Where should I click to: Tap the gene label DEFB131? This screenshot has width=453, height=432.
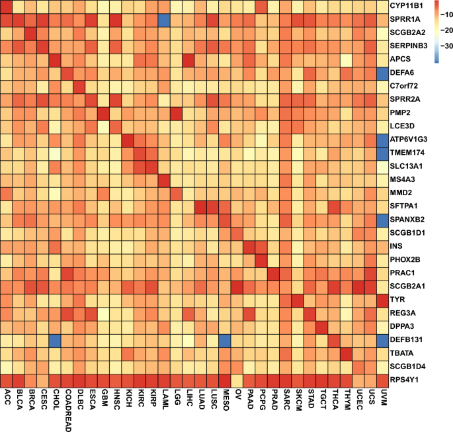pyautogui.click(x=408, y=340)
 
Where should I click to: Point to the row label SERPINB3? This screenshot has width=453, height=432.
pyautogui.click(x=411, y=46)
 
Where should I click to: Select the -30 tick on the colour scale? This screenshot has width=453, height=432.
pyautogui.click(x=442, y=46)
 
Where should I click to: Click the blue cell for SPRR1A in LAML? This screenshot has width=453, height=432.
pyautogui.click(x=162, y=20)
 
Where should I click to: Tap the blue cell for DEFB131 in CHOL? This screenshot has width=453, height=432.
pyautogui.click(x=55, y=340)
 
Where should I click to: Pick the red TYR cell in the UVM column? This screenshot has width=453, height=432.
pyautogui.click(x=382, y=300)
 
